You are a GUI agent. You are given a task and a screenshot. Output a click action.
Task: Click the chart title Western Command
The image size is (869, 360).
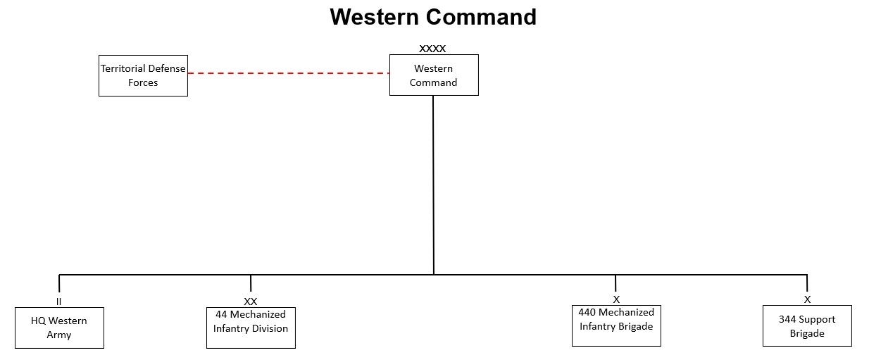433,17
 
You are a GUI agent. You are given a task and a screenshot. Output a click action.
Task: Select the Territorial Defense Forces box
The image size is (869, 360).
143,75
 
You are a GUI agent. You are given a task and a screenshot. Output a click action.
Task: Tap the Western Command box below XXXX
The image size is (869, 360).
434,75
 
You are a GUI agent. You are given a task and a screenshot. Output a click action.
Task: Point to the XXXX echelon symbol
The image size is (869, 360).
432,49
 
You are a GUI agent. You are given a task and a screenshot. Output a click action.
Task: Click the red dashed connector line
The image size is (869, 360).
288,73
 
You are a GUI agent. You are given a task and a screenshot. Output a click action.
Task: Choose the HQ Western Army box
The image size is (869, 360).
59,328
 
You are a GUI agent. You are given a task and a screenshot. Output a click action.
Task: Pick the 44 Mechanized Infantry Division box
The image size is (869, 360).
251,328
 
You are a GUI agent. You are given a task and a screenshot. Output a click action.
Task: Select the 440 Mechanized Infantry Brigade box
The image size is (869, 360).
616,325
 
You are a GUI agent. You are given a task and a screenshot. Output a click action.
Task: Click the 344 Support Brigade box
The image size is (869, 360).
807,325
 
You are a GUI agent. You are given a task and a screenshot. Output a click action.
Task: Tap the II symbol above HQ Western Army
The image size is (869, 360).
59,302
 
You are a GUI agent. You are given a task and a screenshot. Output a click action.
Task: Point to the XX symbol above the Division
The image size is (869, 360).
251,302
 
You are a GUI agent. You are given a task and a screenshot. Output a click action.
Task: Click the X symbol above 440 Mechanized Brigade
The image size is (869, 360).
616,299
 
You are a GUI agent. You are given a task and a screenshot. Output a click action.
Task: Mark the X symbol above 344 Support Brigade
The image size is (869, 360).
807,299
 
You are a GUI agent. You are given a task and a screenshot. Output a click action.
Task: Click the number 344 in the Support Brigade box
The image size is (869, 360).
787,319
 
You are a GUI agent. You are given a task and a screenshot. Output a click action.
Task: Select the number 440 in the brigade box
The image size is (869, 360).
587,312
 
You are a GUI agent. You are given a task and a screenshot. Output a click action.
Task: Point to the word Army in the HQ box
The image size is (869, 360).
59,335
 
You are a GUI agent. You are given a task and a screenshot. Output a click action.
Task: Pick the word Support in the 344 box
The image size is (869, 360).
817,319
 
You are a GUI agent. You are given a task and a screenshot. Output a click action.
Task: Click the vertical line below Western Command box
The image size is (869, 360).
433,183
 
